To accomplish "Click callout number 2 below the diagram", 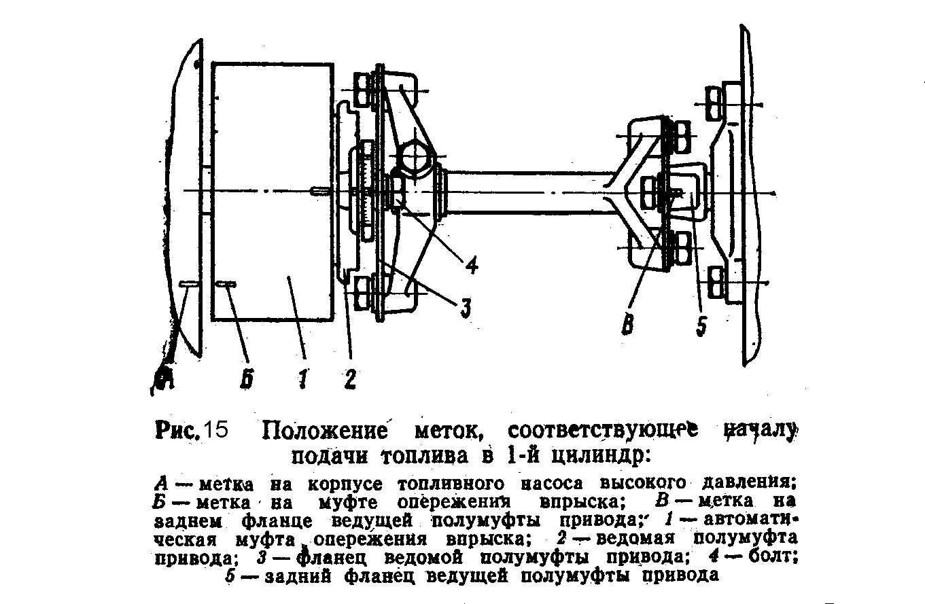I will pos(349,378).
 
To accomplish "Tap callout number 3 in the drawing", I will pos(464,308).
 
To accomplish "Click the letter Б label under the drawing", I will pos(247,378).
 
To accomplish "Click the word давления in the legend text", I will pos(750,482).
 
